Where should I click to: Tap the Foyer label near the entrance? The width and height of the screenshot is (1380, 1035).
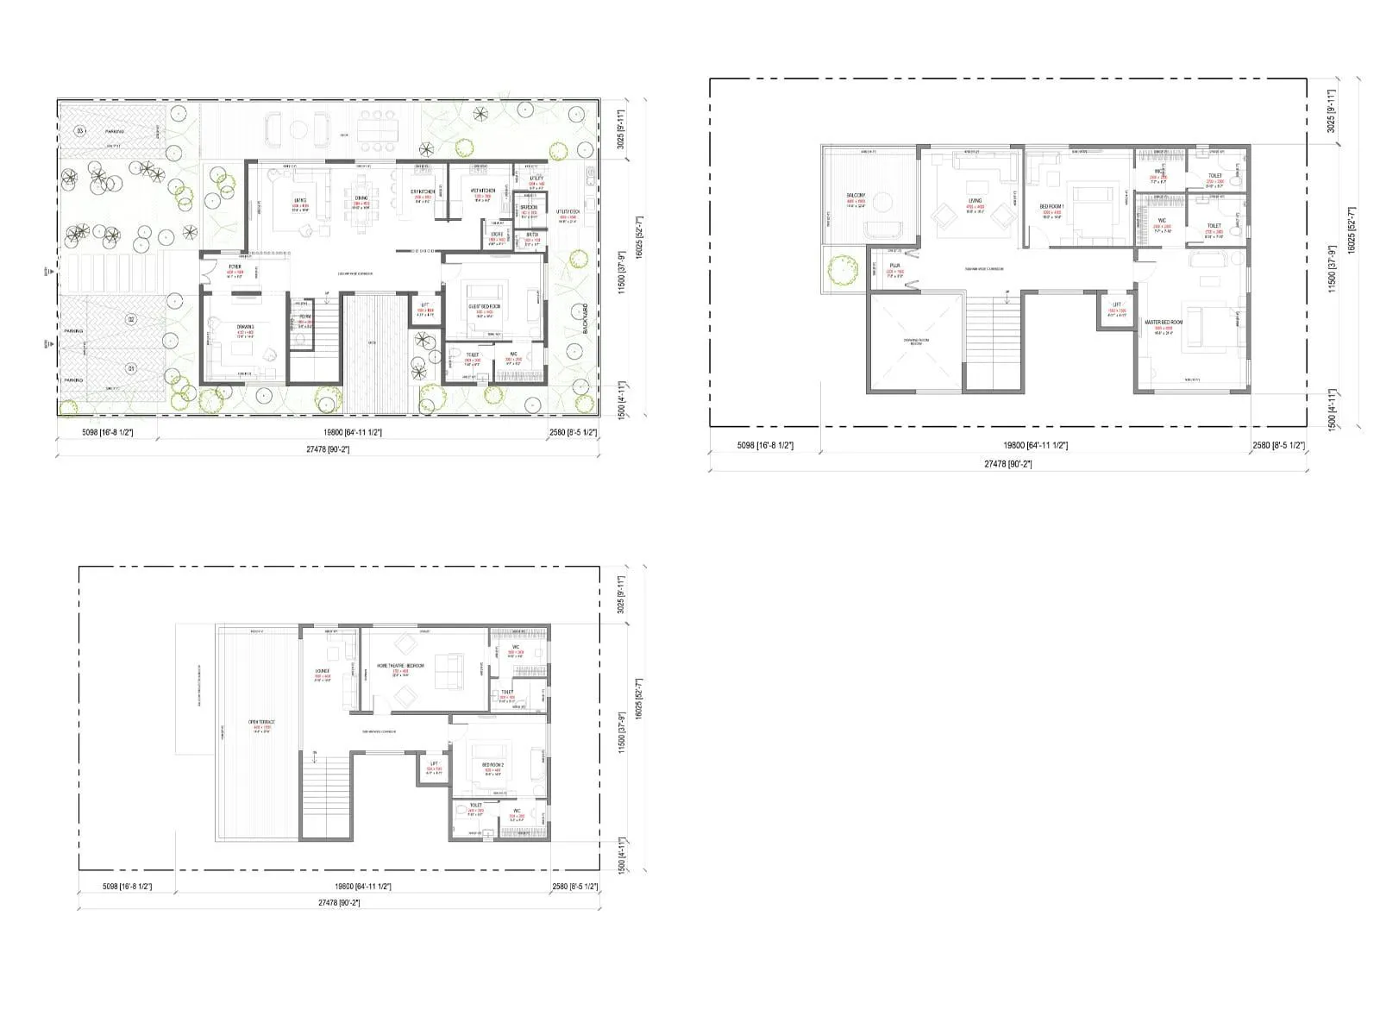click(235, 267)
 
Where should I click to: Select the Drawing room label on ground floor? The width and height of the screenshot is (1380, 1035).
click(245, 326)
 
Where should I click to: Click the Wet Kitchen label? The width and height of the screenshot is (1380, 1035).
click(483, 191)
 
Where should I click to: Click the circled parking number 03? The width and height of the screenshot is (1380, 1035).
click(80, 131)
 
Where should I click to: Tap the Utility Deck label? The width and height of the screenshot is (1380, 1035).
click(568, 211)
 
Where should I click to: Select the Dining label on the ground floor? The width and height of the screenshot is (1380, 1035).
click(361, 198)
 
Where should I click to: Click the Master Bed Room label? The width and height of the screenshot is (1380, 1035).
click(1164, 323)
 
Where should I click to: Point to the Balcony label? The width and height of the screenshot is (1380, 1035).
click(856, 196)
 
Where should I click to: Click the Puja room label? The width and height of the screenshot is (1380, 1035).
click(894, 266)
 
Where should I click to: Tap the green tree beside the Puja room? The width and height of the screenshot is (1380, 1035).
click(841, 270)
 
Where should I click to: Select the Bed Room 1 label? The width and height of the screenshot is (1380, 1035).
click(1052, 207)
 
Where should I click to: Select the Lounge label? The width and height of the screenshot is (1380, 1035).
click(323, 670)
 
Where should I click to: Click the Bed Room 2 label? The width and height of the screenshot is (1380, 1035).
click(492, 765)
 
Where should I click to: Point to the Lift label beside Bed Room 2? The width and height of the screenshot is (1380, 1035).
click(434, 764)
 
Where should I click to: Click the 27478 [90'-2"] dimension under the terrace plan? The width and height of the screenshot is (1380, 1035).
click(338, 902)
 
